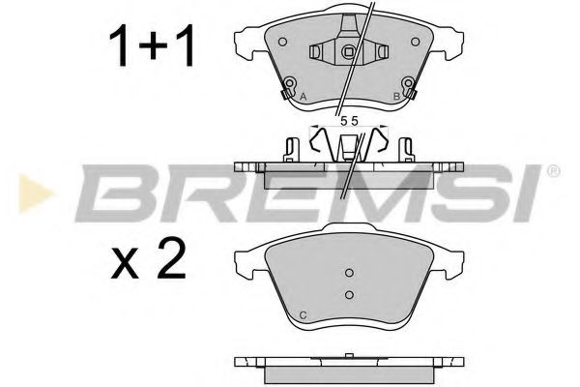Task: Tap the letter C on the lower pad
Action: coord(304,316)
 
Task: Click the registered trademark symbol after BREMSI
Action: coord(552,171)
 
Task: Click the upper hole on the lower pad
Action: coord(350,272)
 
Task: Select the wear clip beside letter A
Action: coord(288,93)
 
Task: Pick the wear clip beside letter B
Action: coord(411,93)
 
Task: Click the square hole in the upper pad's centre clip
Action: coord(349,51)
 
